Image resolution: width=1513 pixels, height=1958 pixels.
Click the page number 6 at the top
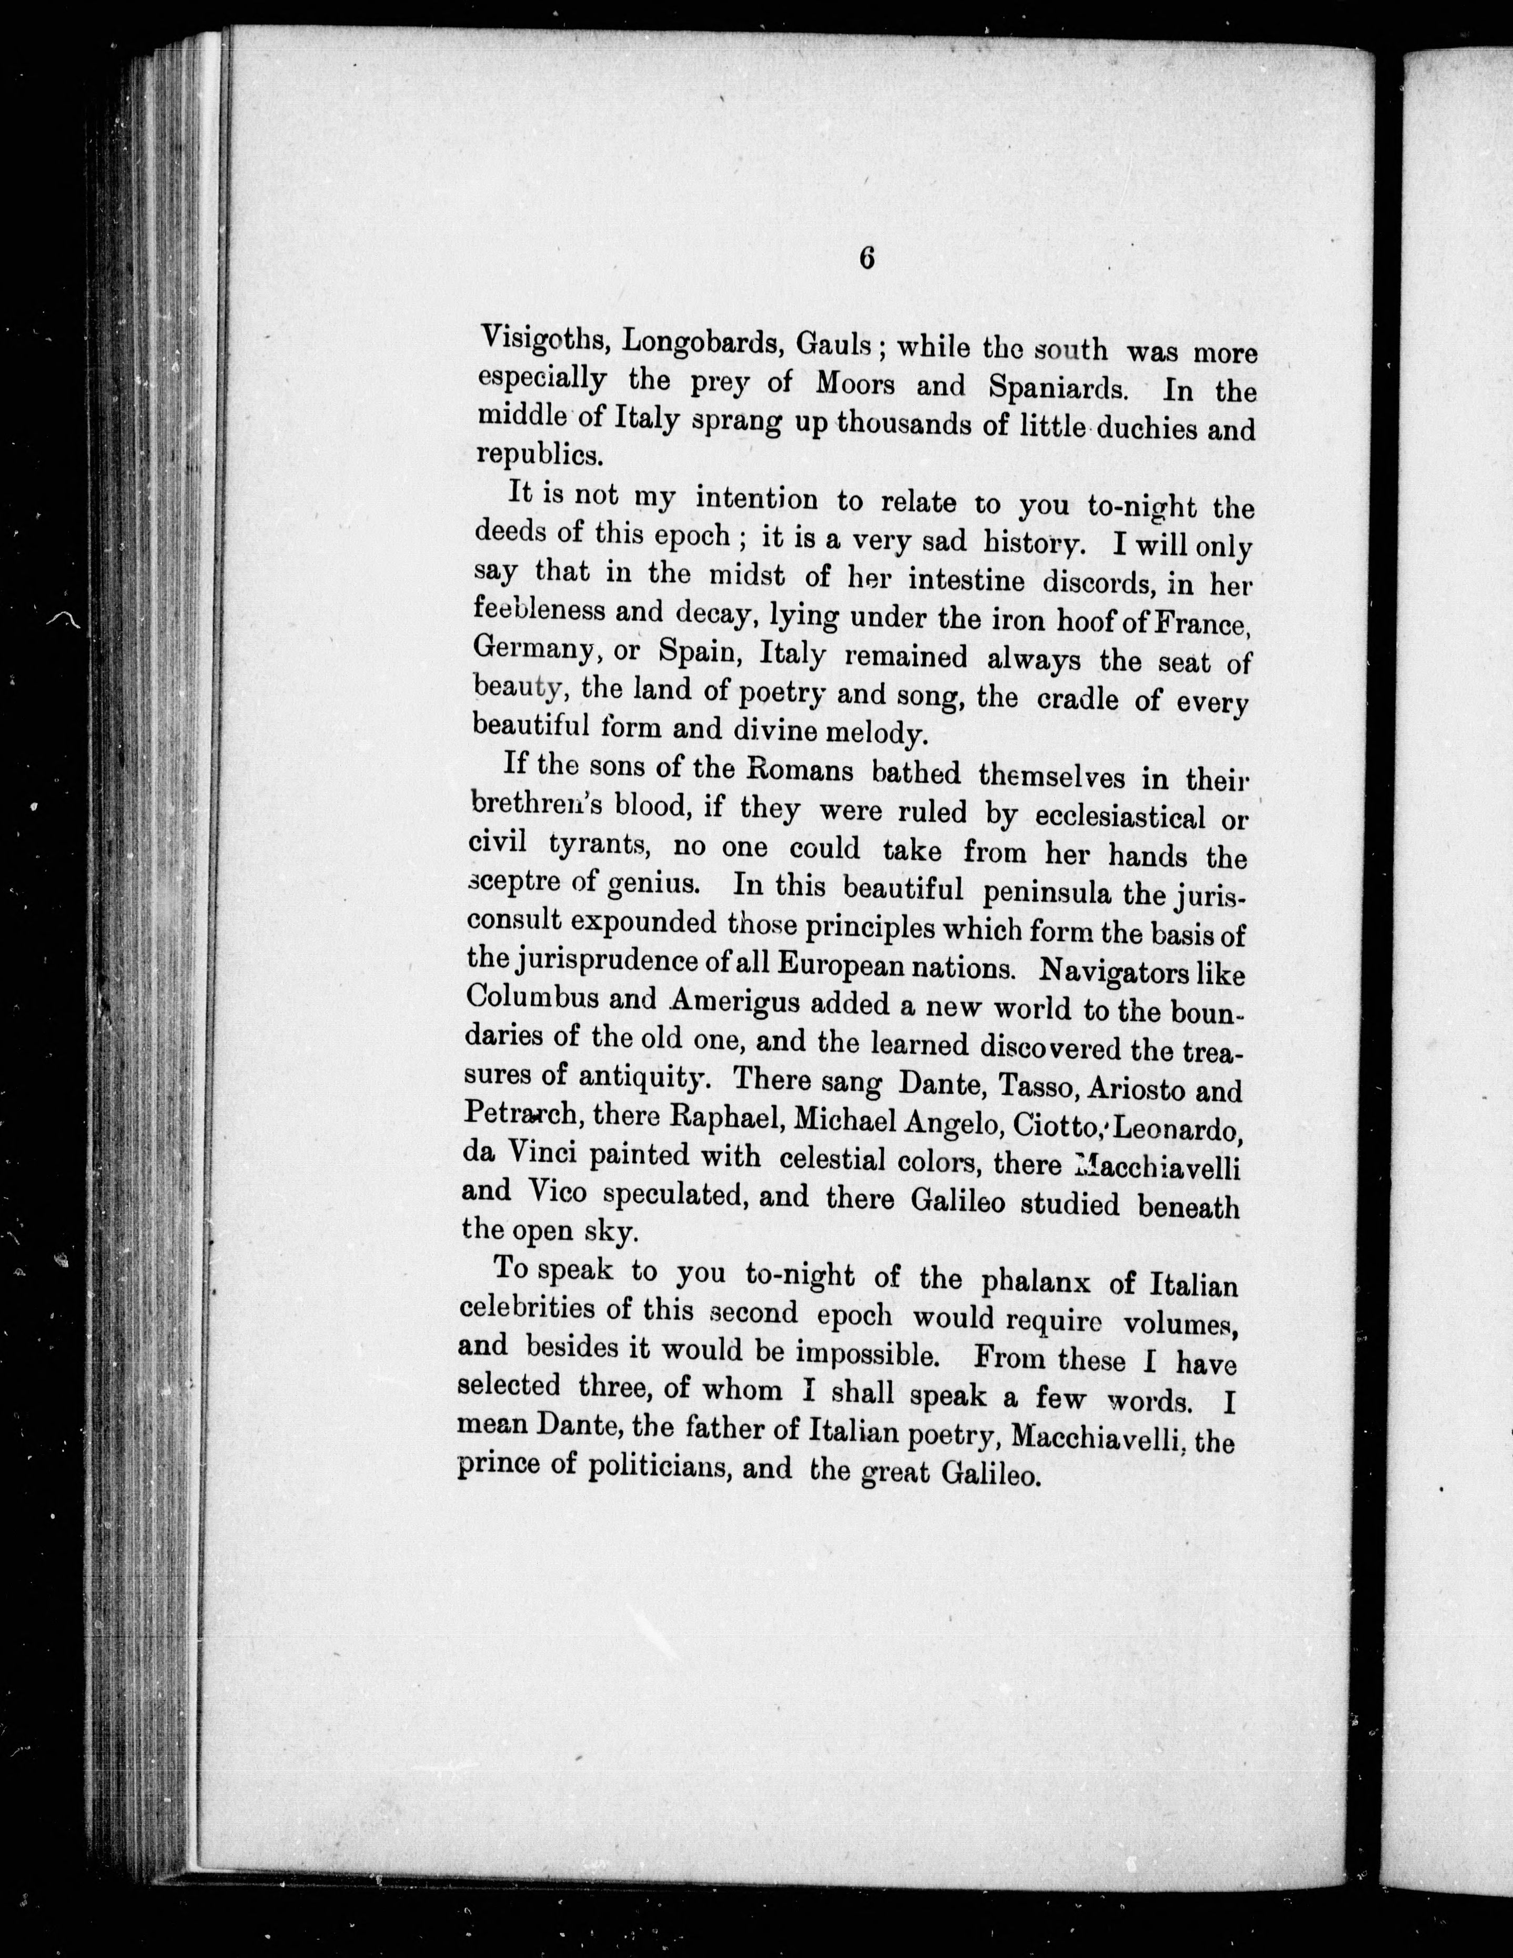tap(867, 258)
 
